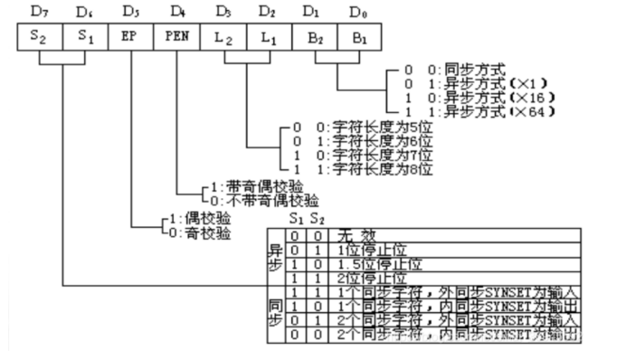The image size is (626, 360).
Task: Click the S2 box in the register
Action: pyautogui.click(x=40, y=39)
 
